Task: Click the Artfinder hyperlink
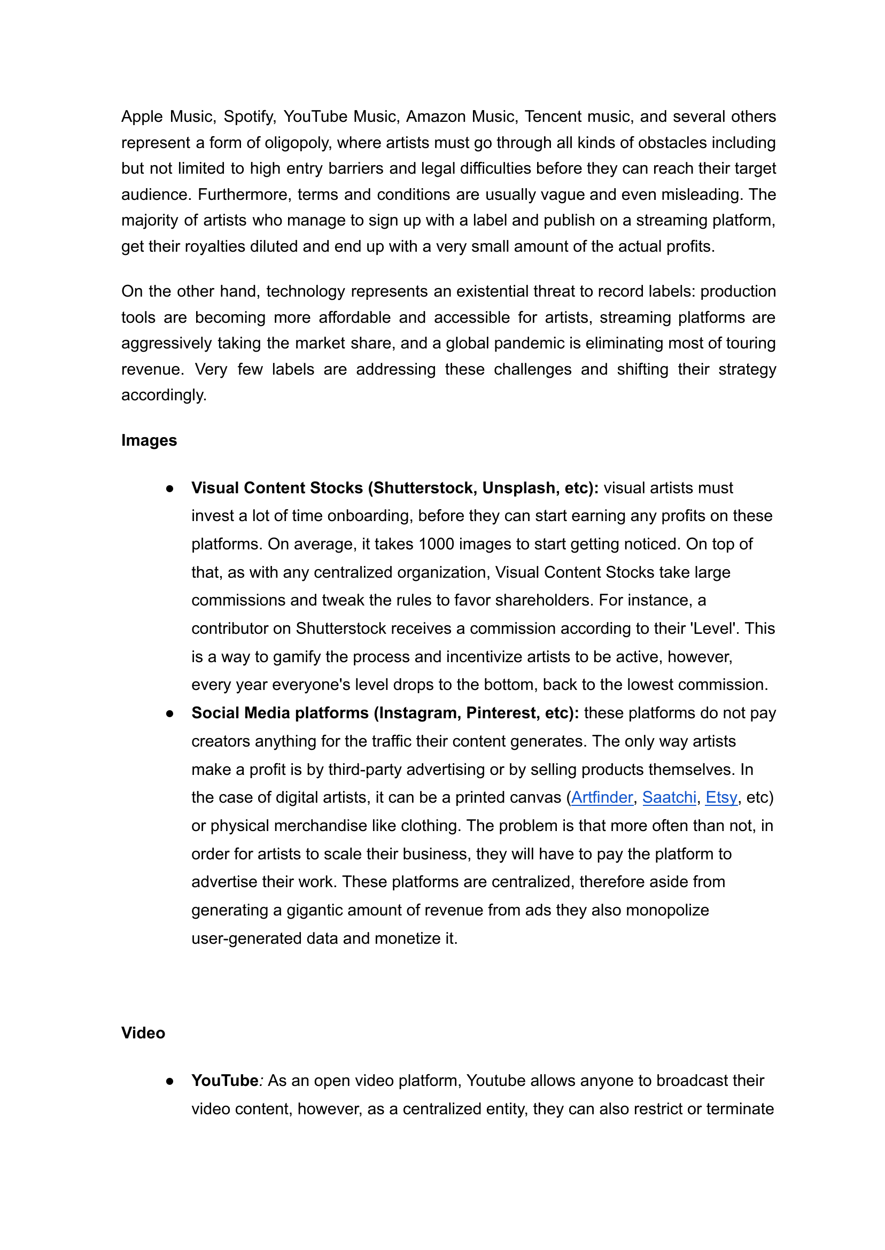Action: click(602, 797)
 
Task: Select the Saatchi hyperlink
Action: click(669, 797)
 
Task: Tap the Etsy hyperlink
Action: click(721, 797)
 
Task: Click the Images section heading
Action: click(149, 440)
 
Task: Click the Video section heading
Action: click(143, 1033)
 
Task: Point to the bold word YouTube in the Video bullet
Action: click(224, 1081)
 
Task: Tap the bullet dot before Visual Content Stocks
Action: click(169, 488)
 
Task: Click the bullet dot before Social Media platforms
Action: click(169, 713)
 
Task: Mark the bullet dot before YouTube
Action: click(169, 1081)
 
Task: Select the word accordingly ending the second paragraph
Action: click(164, 395)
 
